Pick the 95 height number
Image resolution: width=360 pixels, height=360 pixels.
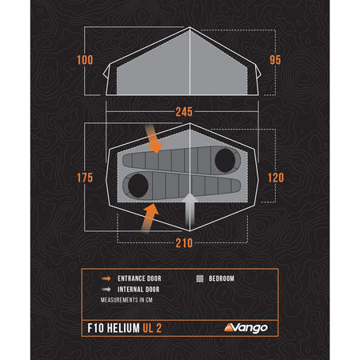(x=275, y=61)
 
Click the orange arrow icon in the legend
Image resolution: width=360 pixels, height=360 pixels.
(x=107, y=278)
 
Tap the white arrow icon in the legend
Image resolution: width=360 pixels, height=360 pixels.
(x=107, y=290)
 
